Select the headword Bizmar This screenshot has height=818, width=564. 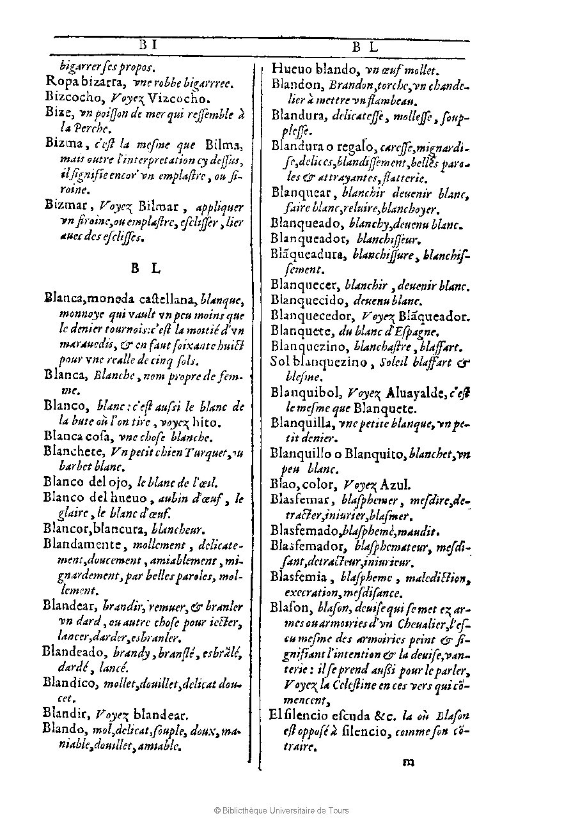[x=68, y=205]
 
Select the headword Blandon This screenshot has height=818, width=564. [x=297, y=84]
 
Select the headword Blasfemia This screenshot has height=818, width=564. [x=298, y=577]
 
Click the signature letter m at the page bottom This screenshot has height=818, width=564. [x=409, y=761]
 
